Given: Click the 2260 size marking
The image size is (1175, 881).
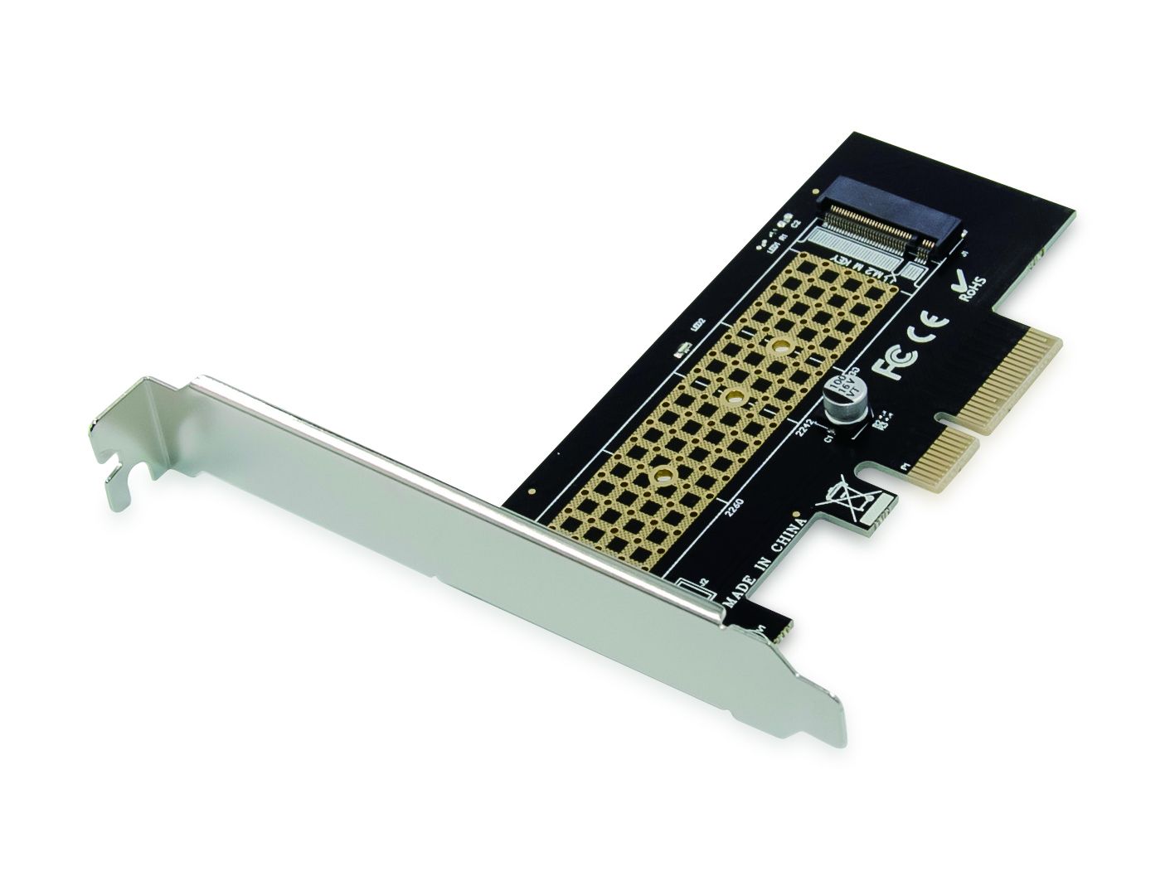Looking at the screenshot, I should pos(734,504).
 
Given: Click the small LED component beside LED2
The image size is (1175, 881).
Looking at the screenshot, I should pos(683,351).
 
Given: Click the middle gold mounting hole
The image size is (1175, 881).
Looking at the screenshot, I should pos(732,398).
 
